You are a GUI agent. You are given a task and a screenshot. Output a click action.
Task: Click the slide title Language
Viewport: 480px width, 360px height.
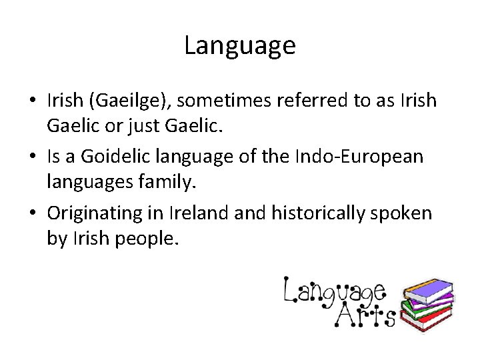[x=239, y=46]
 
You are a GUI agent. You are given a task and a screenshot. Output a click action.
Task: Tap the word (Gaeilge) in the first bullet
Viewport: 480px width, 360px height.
[x=132, y=101]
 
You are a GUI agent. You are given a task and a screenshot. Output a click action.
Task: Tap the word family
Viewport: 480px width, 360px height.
[x=177, y=182]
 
